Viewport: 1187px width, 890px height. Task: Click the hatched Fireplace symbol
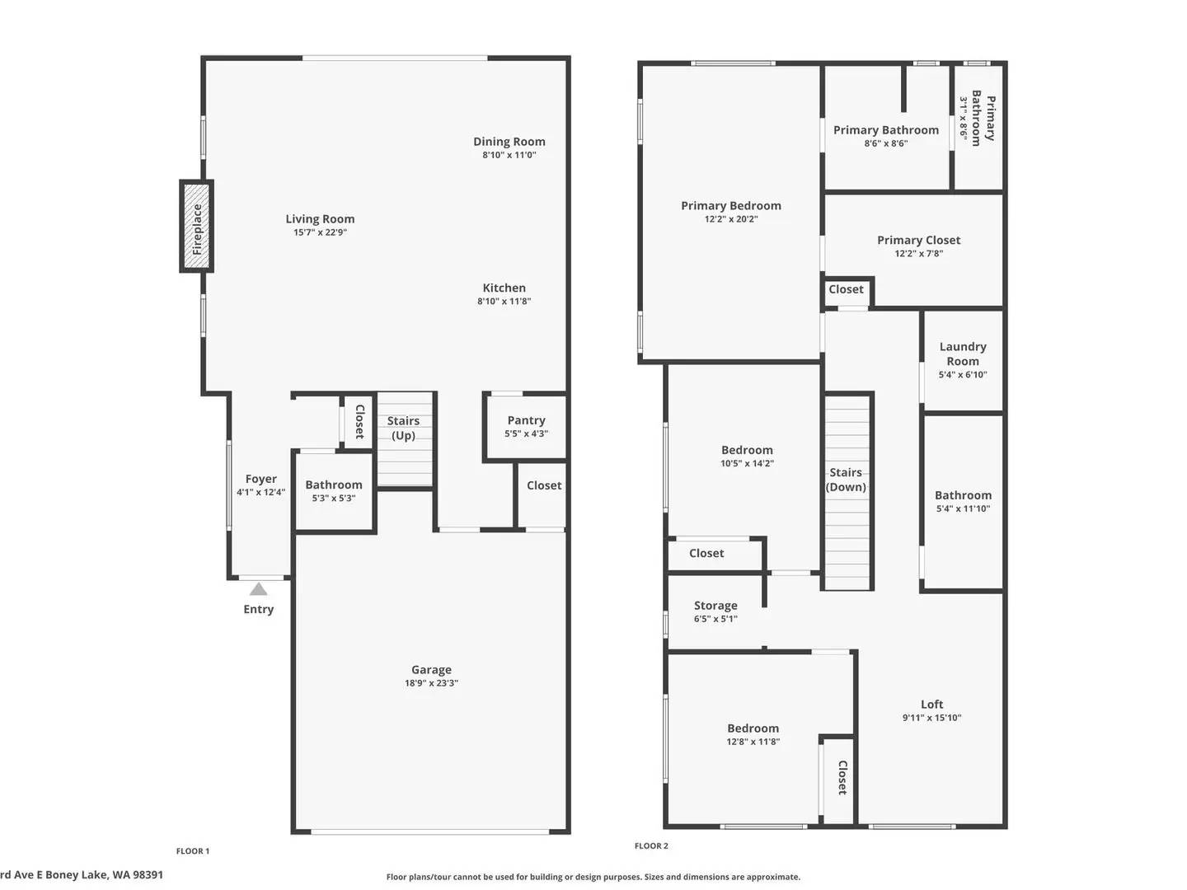point(196,226)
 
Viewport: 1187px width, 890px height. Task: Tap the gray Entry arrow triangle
point(258,589)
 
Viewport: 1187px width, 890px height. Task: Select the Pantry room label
point(526,420)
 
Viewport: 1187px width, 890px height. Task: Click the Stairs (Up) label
point(403,428)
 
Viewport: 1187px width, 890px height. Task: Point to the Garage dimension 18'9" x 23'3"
point(431,683)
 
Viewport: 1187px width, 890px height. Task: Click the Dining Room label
point(509,142)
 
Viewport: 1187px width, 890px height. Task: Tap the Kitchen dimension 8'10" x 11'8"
point(504,302)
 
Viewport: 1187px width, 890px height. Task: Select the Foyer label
point(260,479)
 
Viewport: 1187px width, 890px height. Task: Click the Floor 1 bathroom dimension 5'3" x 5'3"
point(333,499)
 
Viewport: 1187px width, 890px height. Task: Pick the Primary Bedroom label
point(730,206)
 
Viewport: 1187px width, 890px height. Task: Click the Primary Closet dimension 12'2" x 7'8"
point(918,254)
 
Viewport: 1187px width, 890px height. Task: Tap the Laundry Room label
point(962,354)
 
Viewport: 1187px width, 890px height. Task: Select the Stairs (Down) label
point(846,480)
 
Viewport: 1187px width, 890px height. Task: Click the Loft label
point(931,705)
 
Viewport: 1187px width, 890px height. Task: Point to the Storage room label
point(715,606)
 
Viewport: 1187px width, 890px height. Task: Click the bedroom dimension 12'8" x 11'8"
point(753,742)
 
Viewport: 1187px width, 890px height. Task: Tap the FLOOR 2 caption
point(651,846)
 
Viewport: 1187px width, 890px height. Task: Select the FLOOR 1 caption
point(193,851)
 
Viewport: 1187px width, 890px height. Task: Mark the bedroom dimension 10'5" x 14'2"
point(747,464)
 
